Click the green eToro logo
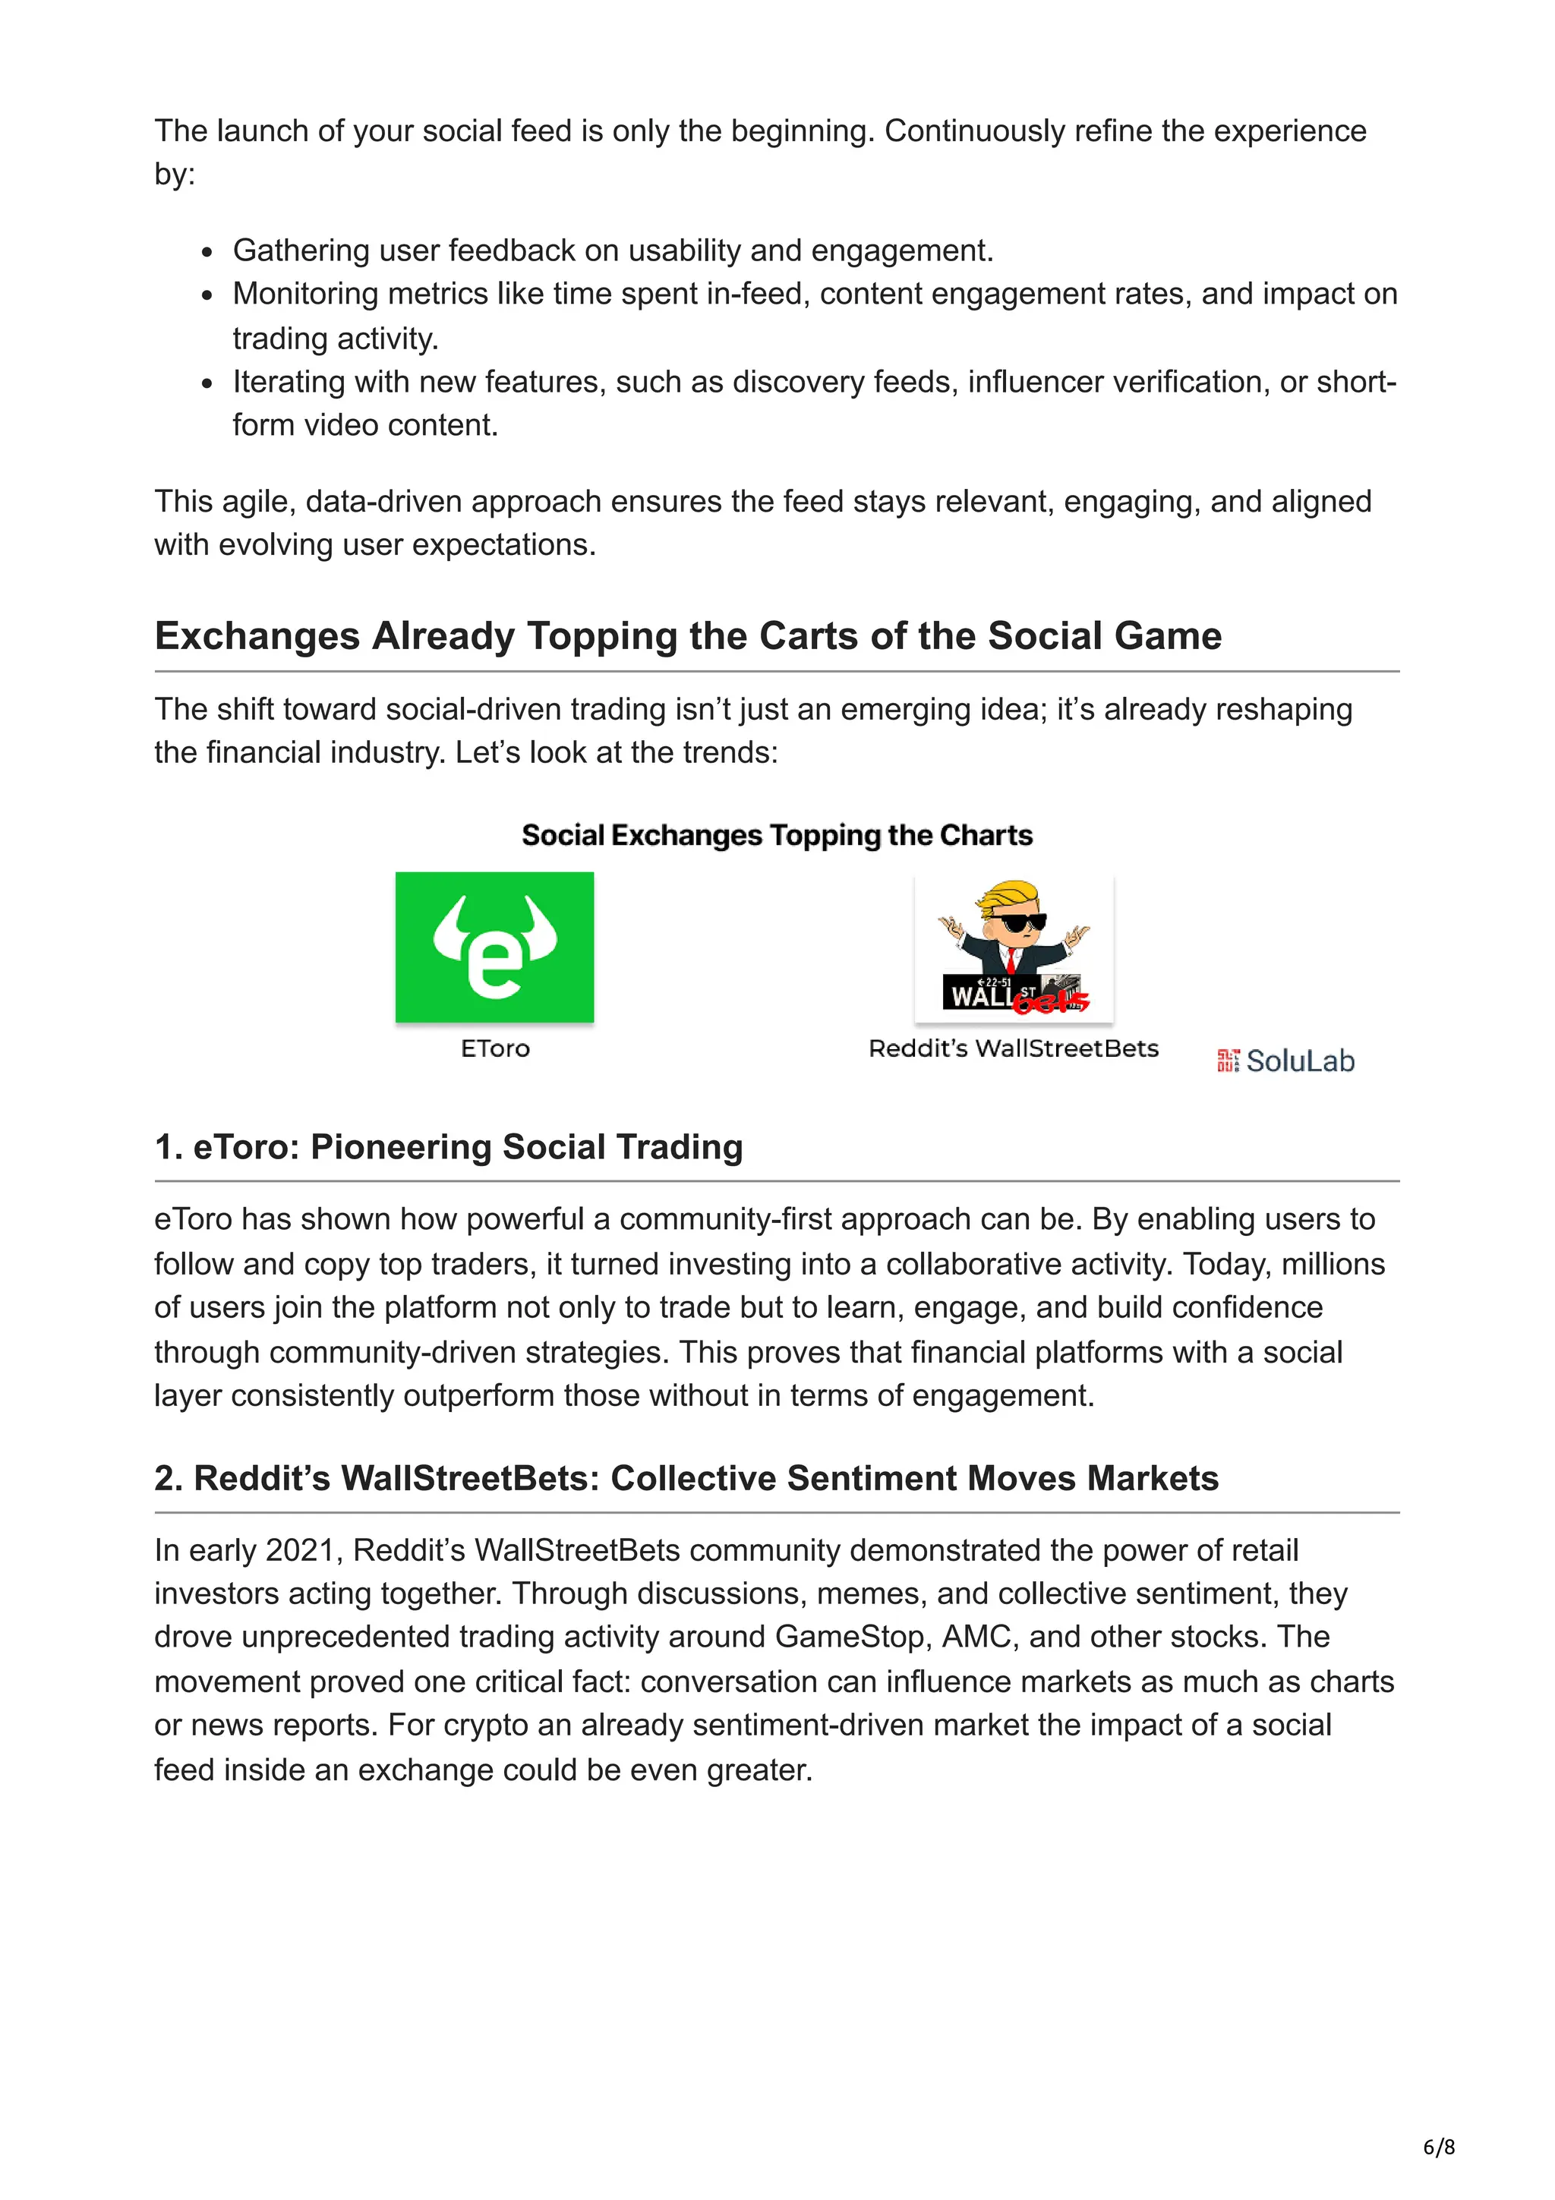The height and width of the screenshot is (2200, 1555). tap(494, 947)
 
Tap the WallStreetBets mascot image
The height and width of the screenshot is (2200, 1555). tap(1014, 949)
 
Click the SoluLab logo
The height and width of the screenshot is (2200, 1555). tap(1285, 1061)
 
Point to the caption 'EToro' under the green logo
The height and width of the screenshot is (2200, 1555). tap(494, 1048)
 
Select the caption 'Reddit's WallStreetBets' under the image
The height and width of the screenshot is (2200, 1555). tap(1014, 1048)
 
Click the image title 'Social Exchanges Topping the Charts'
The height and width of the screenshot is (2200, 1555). tap(777, 836)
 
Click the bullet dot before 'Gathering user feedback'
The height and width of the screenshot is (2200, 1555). tap(207, 253)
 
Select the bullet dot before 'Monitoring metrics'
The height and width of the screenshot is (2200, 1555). tap(207, 296)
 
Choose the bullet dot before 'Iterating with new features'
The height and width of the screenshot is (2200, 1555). tap(207, 384)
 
